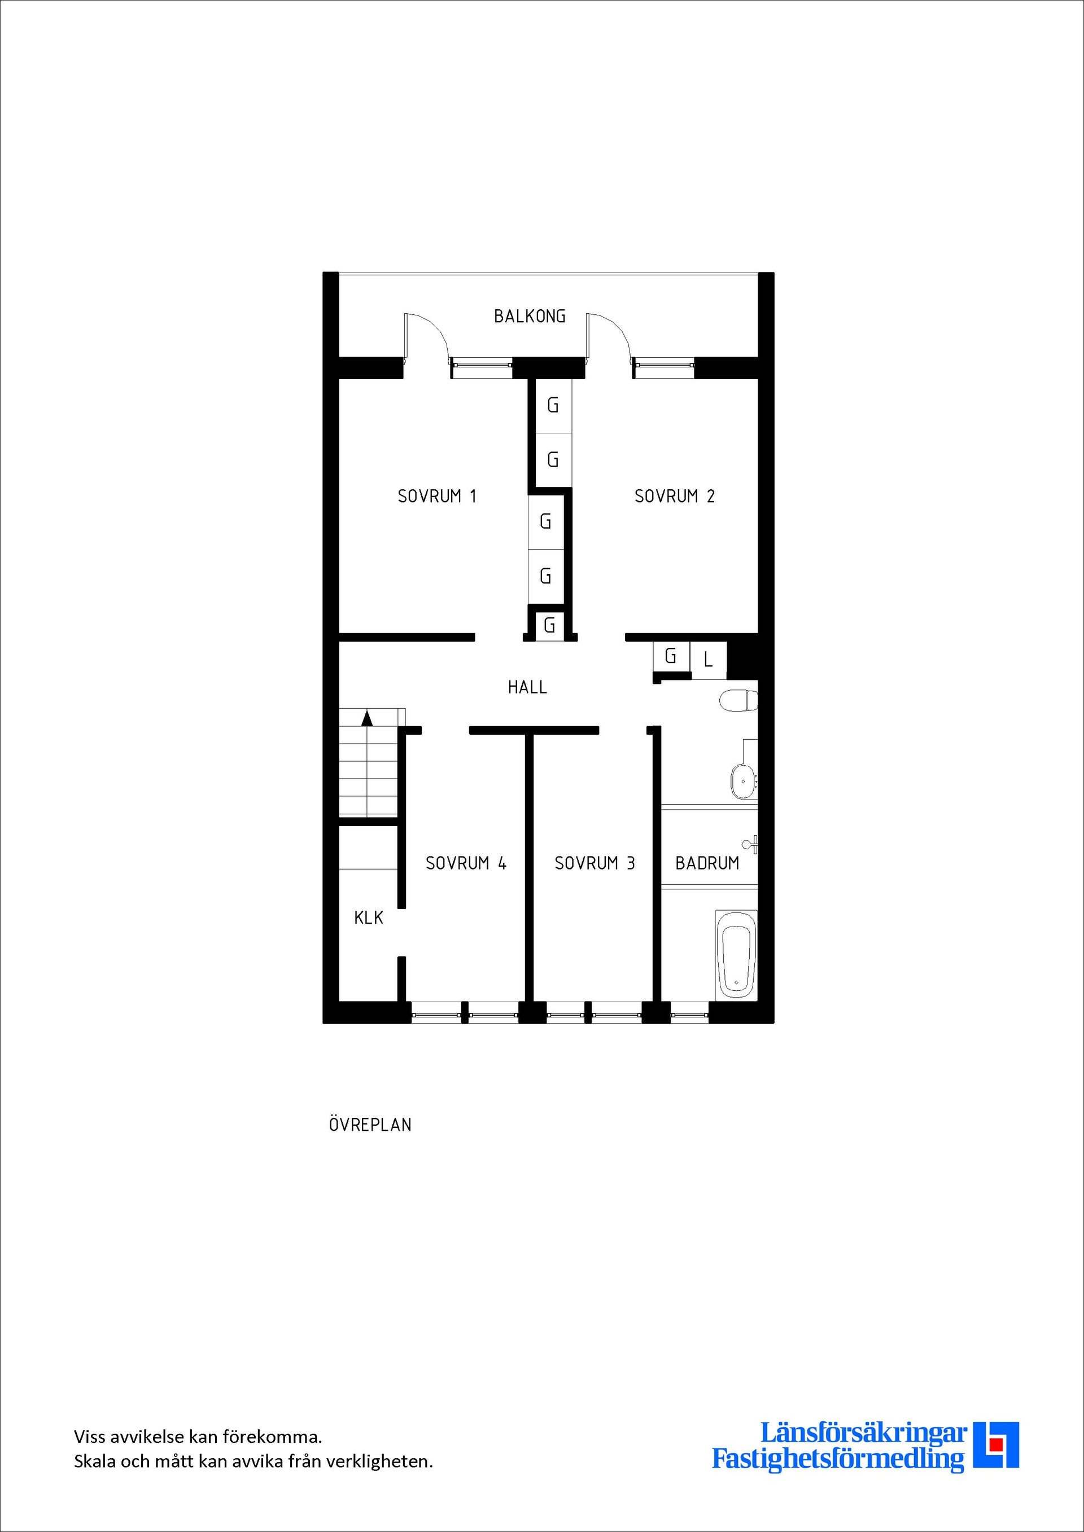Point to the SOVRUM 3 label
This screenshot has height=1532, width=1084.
[x=595, y=863]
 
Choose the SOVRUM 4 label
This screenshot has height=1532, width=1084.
[x=466, y=863]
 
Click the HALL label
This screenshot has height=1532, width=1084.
[x=527, y=687]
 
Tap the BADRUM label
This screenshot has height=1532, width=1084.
[x=707, y=863]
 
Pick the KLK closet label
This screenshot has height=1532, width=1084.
[x=369, y=918]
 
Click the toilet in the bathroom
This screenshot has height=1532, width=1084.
[x=738, y=701]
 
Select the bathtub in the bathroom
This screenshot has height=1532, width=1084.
[x=736, y=955]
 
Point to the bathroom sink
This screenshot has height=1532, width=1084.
[x=742, y=781]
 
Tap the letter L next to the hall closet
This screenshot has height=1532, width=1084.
[x=708, y=660]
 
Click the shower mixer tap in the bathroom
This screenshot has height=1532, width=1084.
[x=753, y=844]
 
